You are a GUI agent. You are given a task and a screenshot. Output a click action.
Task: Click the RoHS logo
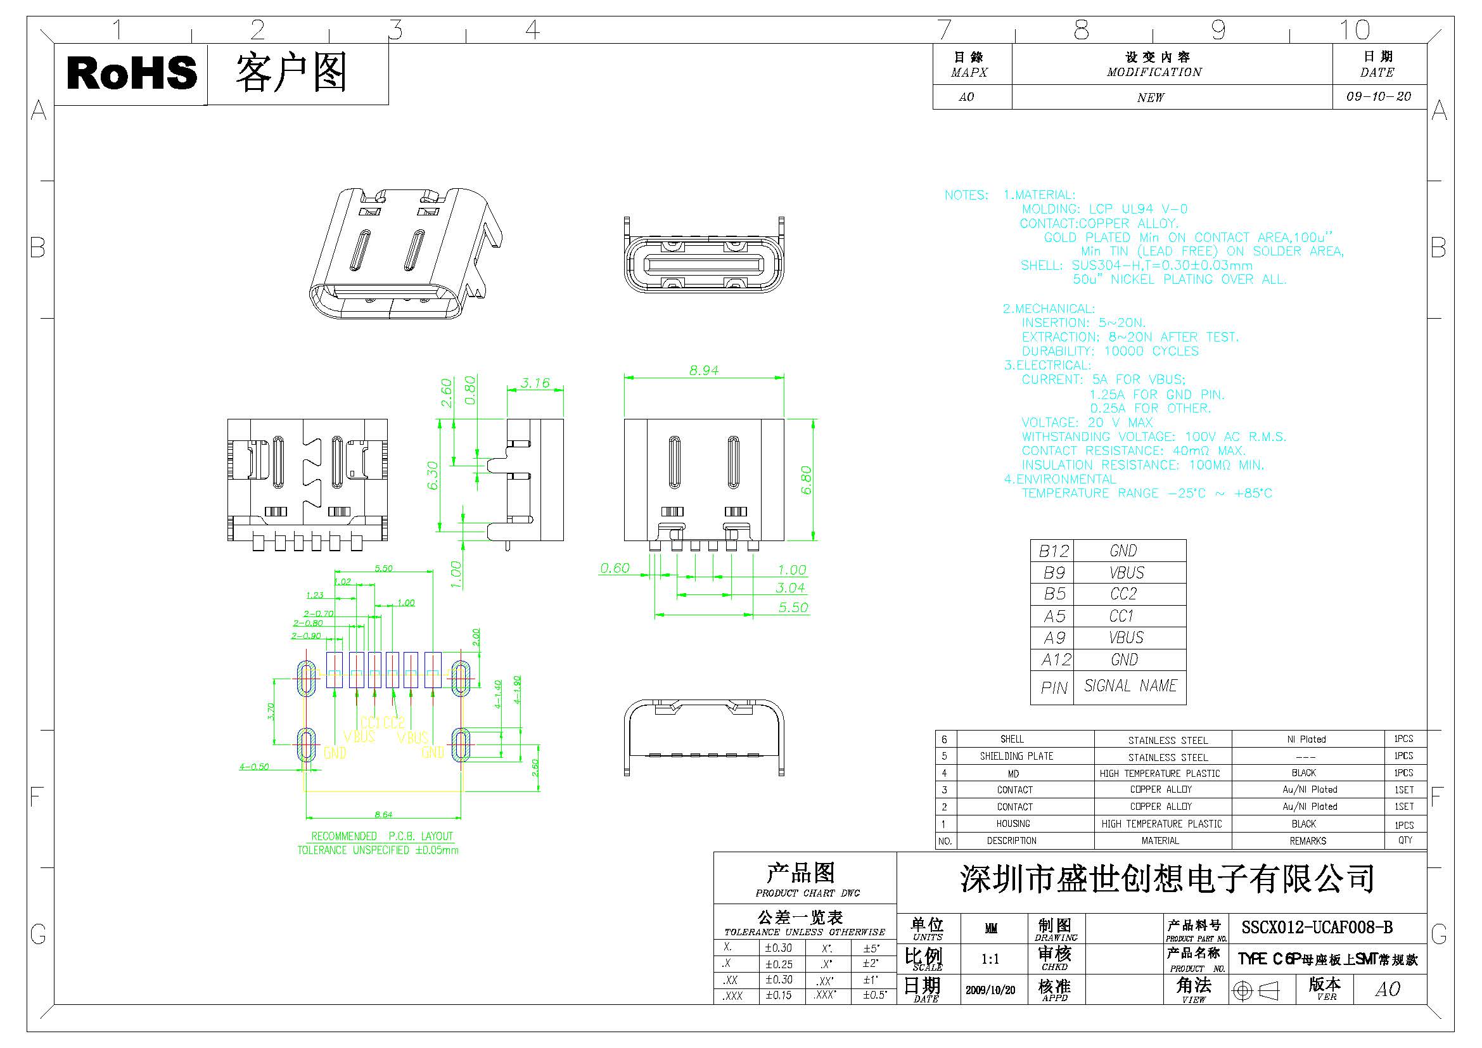tap(132, 73)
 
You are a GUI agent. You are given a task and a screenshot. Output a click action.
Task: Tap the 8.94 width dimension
tap(703, 371)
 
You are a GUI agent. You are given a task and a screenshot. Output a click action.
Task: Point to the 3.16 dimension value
tap(535, 383)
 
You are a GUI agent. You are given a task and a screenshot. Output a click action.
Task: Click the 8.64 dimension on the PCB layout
tap(383, 814)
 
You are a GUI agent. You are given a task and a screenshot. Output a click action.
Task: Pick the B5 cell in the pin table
tap(1054, 594)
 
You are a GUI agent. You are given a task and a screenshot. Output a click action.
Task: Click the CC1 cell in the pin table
tap(1122, 616)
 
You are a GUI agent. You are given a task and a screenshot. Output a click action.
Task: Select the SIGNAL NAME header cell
tap(1130, 686)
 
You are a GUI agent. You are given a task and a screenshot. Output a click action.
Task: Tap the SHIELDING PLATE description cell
tap(1016, 756)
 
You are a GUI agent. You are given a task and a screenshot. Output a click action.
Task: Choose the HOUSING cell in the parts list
tap(1012, 824)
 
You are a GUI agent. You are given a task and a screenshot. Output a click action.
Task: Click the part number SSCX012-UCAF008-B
tap(1317, 928)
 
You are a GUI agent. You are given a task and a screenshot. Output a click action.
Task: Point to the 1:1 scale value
tap(990, 959)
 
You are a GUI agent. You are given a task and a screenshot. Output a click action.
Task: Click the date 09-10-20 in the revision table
tap(1379, 97)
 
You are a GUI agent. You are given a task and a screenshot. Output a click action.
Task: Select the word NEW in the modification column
tap(1151, 98)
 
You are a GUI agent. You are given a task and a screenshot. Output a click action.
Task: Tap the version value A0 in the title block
tap(1388, 989)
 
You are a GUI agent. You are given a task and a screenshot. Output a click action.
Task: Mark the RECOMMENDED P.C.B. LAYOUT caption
tap(382, 836)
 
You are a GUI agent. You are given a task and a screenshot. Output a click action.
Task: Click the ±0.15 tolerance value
tap(779, 995)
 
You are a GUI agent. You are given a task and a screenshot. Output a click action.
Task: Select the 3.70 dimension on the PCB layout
tap(271, 711)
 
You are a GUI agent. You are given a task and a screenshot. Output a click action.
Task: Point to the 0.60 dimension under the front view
tap(615, 568)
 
